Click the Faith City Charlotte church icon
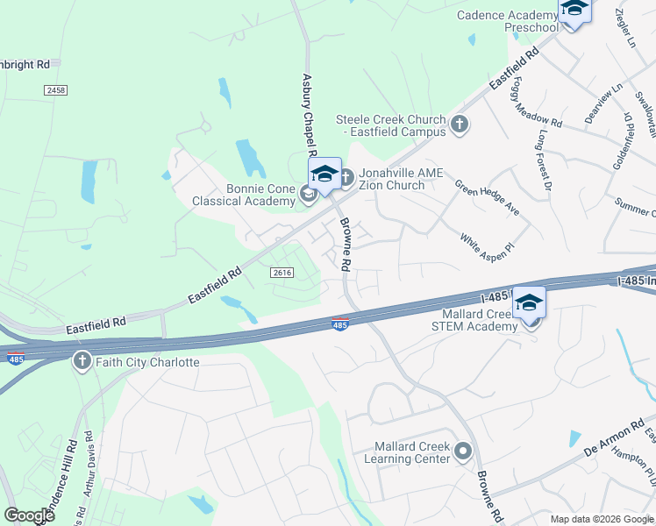coord(82,361)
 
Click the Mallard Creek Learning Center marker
coord(463,452)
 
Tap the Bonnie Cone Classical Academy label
coord(241,195)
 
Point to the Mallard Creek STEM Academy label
coord(467,320)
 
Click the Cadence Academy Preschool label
coord(507,21)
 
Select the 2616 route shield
coord(282,273)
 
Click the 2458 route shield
coord(55,89)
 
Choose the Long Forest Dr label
coord(544,160)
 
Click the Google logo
coord(29,515)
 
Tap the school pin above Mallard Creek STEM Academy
coord(528,302)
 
